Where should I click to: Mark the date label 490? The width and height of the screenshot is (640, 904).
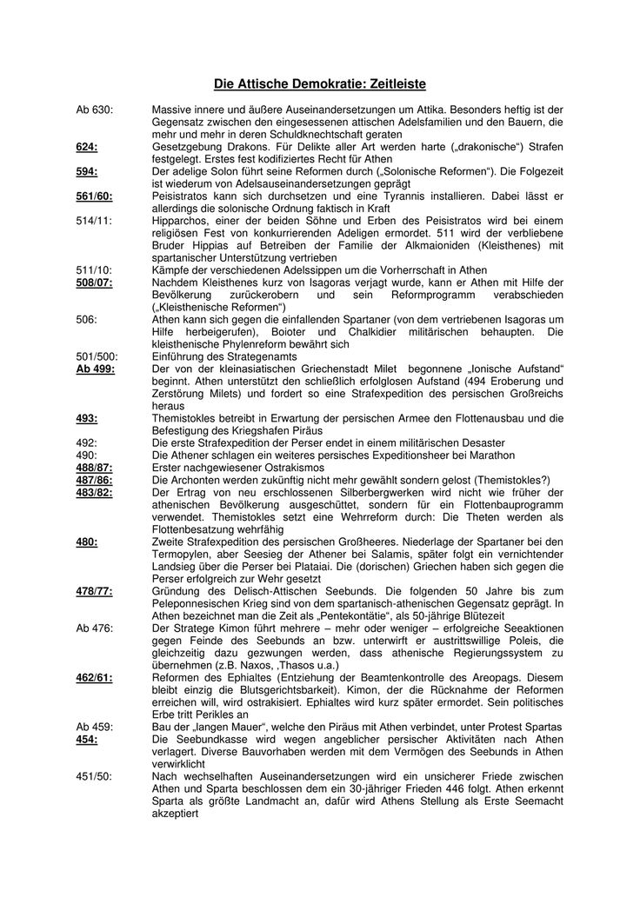(87, 455)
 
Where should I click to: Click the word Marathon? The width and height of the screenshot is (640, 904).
(494, 455)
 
